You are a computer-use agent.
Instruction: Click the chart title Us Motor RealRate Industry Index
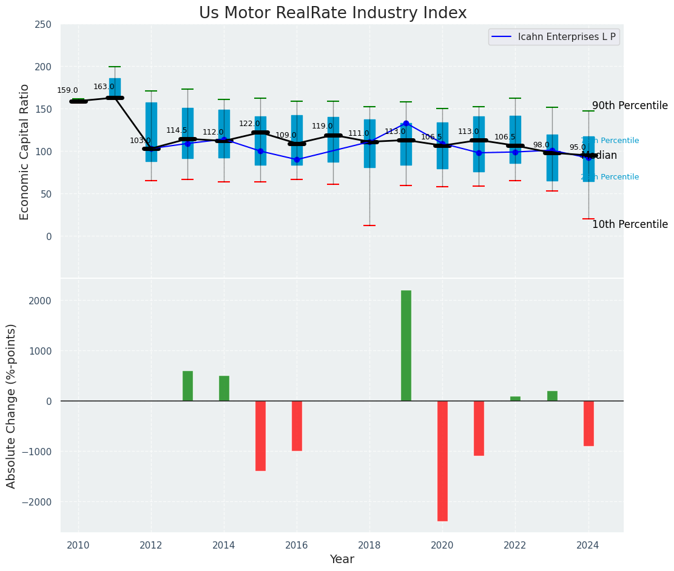click(332, 13)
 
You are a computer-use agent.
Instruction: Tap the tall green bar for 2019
click(406, 346)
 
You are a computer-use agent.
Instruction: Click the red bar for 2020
click(442, 461)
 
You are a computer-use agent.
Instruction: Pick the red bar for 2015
click(260, 436)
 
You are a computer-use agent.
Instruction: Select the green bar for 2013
click(187, 386)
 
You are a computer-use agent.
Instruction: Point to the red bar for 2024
click(588, 423)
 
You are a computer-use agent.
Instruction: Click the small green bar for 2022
click(515, 399)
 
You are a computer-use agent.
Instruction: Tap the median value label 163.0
click(104, 87)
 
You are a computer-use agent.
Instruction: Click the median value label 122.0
click(249, 124)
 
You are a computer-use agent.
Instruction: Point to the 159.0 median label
click(67, 91)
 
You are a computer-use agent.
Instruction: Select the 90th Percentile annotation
click(630, 106)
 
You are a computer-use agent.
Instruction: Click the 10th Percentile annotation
click(630, 225)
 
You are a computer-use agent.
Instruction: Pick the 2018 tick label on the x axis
click(369, 546)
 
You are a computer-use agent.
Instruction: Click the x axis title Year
click(342, 560)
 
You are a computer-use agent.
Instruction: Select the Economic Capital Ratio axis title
click(25, 152)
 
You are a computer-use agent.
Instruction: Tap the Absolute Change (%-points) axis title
click(12, 406)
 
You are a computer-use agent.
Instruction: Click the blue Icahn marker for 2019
click(406, 124)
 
